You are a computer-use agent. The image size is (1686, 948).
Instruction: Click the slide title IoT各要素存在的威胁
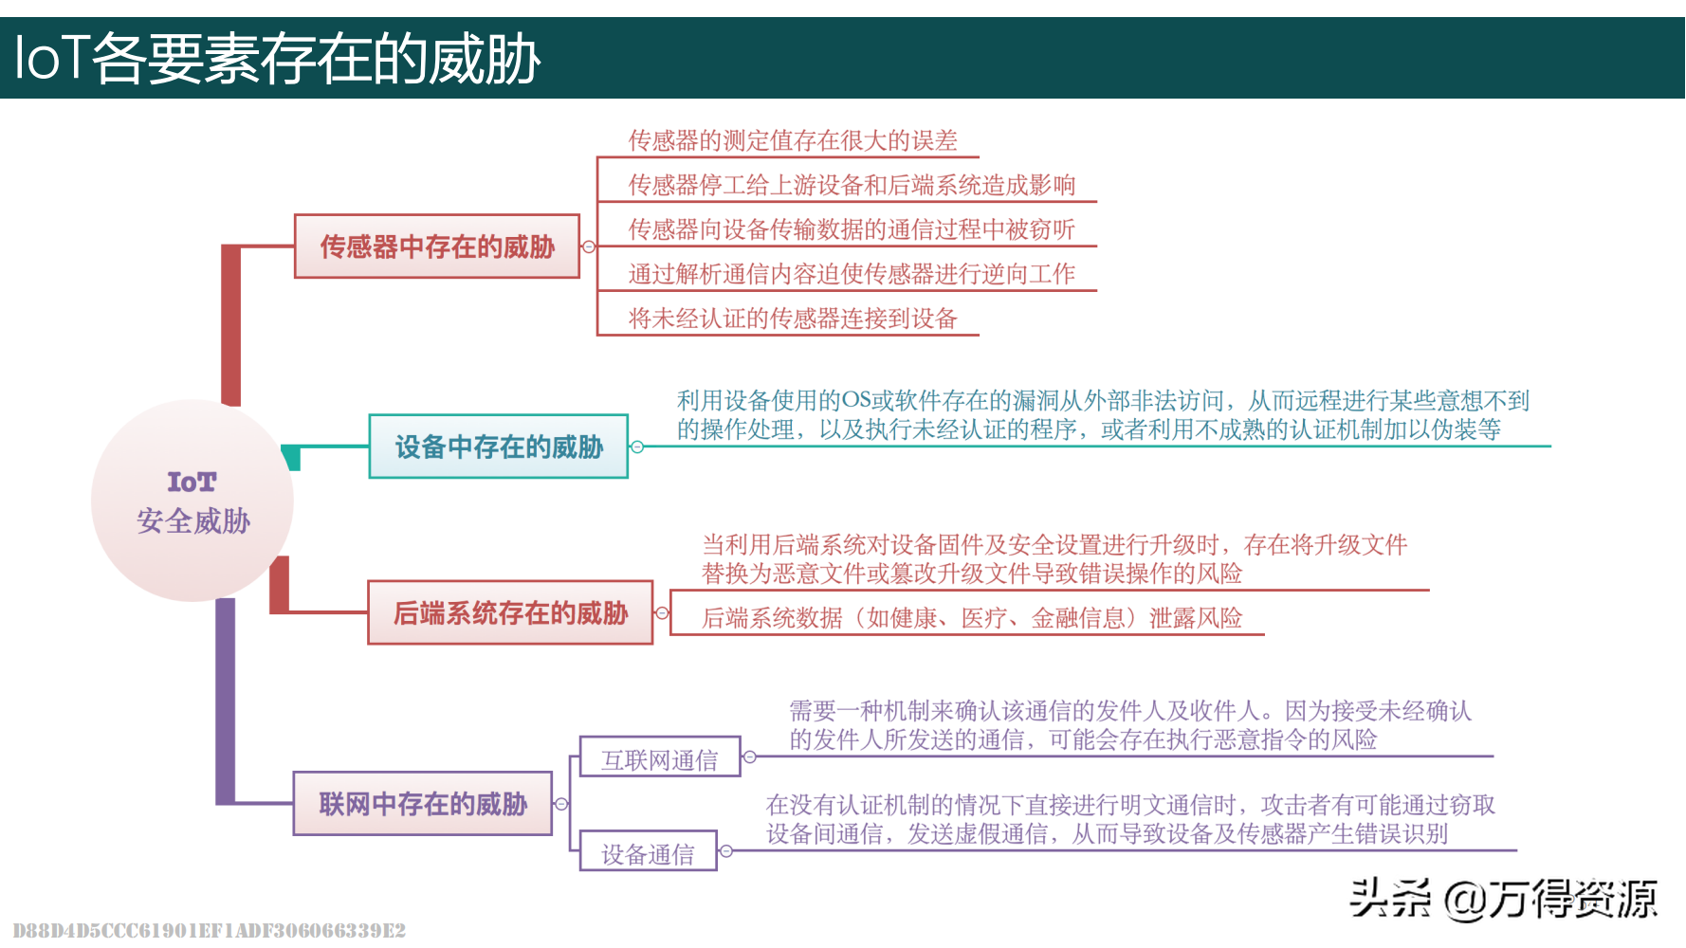[x=277, y=59]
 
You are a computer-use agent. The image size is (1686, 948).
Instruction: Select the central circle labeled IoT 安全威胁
[x=192, y=501]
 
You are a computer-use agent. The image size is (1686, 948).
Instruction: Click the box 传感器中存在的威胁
[x=437, y=246]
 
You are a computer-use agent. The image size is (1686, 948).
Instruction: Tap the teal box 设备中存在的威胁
[x=499, y=447]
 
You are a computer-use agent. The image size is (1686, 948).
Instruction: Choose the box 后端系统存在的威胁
[x=510, y=613]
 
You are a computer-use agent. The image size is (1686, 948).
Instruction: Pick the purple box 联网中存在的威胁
[x=423, y=804]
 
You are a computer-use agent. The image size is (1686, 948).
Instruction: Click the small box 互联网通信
[x=660, y=758]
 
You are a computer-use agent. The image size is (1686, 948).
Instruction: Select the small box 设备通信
[x=648, y=853]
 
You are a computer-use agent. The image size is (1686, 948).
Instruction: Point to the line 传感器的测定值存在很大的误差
[x=793, y=141]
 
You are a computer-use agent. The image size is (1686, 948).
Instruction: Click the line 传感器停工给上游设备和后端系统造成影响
[x=852, y=185]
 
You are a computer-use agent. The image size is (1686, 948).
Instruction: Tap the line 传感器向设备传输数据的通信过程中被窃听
[x=852, y=229]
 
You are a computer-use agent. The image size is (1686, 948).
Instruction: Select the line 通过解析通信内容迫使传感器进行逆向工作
[x=852, y=274]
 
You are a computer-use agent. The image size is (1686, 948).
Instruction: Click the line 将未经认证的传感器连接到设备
[x=793, y=319]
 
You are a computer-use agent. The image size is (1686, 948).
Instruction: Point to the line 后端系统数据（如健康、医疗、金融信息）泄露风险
[x=972, y=618]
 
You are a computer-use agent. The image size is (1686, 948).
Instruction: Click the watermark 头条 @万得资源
[x=1503, y=898]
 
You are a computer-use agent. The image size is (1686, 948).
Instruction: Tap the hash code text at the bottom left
[x=210, y=930]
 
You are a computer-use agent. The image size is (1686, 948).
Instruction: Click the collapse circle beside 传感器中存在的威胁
[x=589, y=246]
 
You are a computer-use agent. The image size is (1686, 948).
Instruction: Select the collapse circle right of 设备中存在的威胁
[x=637, y=447]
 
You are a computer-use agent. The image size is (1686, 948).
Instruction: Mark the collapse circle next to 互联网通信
[x=750, y=757]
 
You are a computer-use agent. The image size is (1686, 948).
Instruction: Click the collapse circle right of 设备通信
[x=726, y=851]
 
